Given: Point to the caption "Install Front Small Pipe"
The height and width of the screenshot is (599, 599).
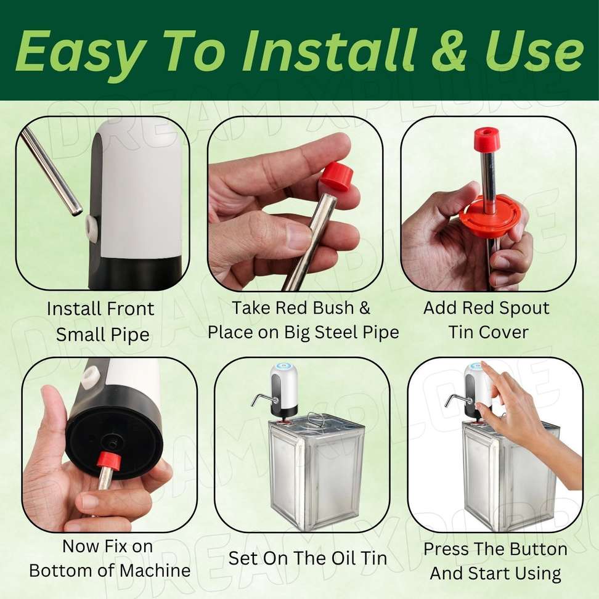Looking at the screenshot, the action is [101, 322].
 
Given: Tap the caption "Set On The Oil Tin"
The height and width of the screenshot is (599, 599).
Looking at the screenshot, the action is [308, 558].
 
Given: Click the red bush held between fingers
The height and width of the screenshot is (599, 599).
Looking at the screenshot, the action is [335, 176].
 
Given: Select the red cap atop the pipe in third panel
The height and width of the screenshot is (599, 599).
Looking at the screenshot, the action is [487, 141].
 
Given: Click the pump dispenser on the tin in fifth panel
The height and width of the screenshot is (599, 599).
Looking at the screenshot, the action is [283, 390].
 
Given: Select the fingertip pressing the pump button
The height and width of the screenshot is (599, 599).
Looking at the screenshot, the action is [483, 365].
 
